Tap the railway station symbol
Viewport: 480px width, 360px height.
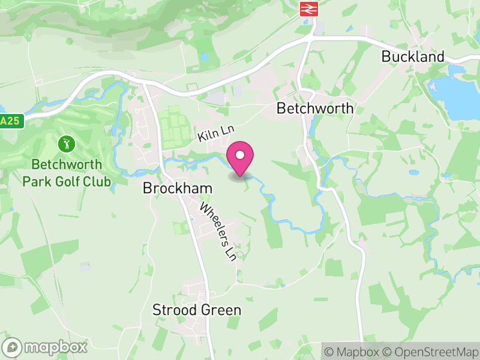pos(309,8)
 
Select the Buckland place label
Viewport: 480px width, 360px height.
pos(413,56)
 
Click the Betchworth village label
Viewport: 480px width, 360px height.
pos(314,109)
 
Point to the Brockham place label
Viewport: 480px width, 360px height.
pos(178,188)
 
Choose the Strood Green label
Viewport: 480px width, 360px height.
pos(197,310)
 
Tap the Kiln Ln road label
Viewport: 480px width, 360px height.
pos(215,133)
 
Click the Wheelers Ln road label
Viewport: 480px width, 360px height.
pos(217,232)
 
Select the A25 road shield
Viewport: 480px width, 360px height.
pos(10,121)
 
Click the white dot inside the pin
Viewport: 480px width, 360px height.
pos(240,155)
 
